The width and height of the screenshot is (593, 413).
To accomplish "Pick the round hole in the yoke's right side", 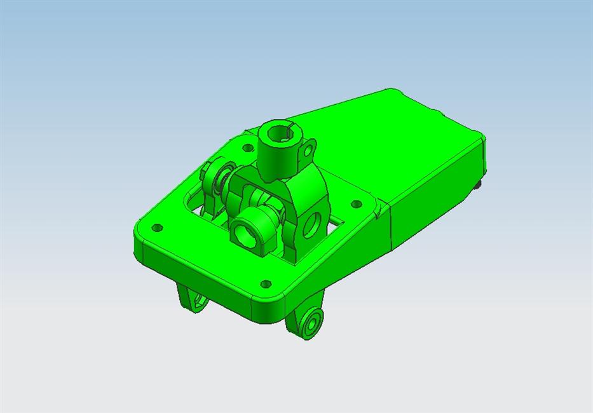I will (311, 224).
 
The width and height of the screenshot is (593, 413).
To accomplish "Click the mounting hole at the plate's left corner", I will (158, 227).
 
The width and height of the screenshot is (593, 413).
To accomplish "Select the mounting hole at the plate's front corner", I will (266, 283).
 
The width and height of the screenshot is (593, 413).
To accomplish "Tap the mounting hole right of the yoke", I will (355, 205).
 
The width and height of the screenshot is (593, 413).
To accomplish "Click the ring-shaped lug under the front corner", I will (311, 323).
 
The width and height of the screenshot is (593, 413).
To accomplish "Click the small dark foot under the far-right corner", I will (478, 185).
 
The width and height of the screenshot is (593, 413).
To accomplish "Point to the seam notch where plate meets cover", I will (380, 209).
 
